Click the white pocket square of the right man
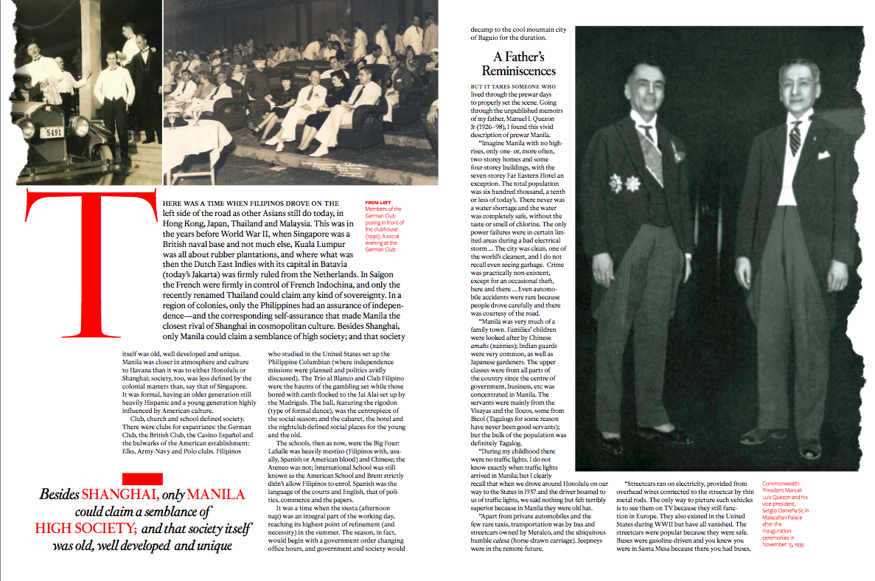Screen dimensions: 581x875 pos(823,155)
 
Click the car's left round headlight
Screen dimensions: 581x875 pos(27,130)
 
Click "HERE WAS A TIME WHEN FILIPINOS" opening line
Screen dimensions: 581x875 pos(249,203)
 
